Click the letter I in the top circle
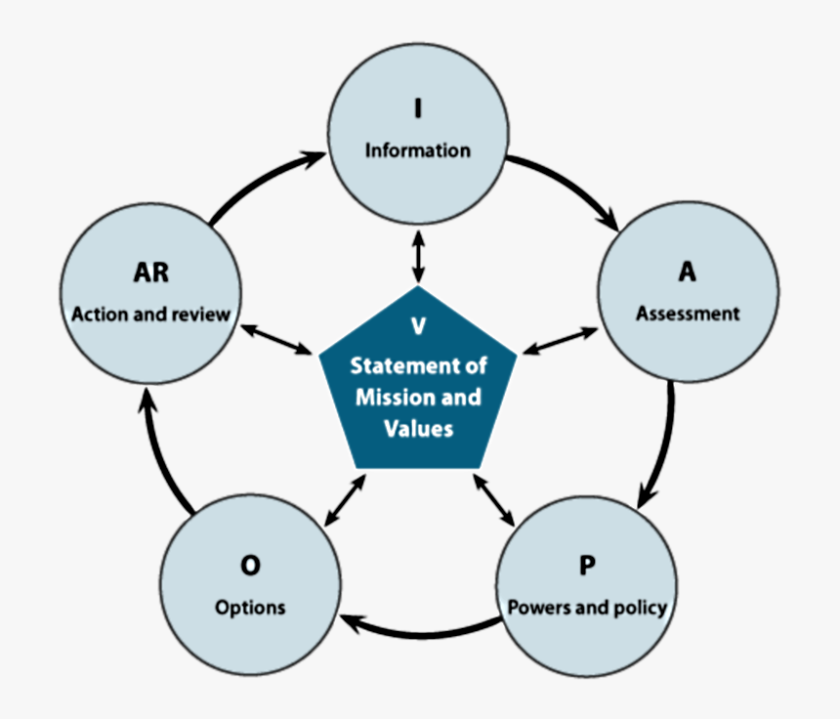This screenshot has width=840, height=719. coord(418,107)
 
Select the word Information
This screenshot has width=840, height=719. coord(418,150)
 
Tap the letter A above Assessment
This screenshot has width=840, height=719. coord(688,272)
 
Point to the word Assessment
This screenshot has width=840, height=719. coord(688,314)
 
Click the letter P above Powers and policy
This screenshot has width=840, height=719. coord(587,565)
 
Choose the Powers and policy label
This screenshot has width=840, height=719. coord(587,607)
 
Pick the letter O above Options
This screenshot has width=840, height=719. coord(250,565)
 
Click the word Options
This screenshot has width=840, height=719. coord(250,607)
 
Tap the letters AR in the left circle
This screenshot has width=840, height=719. coord(150,272)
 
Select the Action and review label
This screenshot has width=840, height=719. coord(150,314)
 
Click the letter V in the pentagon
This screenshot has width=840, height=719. coord(418,326)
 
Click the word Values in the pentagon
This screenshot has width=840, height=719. coord(418,428)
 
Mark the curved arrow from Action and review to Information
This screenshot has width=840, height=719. coord(259,182)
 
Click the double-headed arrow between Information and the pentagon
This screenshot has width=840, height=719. coord(418,257)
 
